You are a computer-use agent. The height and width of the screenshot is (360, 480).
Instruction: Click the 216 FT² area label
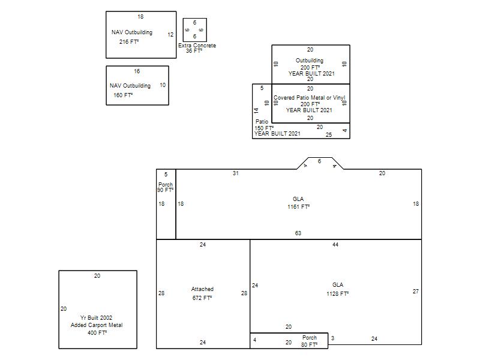pyautogui.click(x=129, y=41)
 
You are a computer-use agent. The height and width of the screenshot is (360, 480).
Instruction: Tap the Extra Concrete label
pyautogui.click(x=197, y=46)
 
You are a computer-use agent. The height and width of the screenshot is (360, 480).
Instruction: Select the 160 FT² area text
pyautogui.click(x=123, y=95)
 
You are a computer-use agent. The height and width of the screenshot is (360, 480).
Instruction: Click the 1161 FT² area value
pyautogui.click(x=298, y=206)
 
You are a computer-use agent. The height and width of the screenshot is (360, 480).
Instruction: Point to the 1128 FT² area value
pyautogui.click(x=337, y=293)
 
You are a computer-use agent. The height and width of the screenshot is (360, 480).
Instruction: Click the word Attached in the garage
pyautogui.click(x=202, y=289)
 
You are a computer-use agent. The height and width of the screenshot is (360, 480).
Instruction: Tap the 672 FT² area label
pyautogui.click(x=202, y=298)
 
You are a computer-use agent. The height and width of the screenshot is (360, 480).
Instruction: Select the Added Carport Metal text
pyautogui.click(x=97, y=325)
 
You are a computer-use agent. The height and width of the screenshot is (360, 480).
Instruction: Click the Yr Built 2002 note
pyautogui.click(x=96, y=318)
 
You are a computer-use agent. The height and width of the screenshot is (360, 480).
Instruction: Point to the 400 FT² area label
pyautogui.click(x=97, y=333)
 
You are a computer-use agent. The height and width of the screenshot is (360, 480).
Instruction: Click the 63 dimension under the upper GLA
pyautogui.click(x=298, y=233)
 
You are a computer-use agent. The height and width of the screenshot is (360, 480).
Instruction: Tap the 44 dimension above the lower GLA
pyautogui.click(x=335, y=245)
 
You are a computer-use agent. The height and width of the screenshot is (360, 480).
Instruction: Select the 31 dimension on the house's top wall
pyautogui.click(x=235, y=173)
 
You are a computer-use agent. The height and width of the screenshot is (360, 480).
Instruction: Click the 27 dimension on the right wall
pyautogui.click(x=415, y=292)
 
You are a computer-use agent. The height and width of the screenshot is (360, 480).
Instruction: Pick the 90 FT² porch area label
pyautogui.click(x=166, y=190)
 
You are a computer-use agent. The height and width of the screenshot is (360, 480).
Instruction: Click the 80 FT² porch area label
pyautogui.click(x=309, y=344)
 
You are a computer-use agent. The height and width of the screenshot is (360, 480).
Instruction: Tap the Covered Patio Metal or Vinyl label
pyautogui.click(x=309, y=98)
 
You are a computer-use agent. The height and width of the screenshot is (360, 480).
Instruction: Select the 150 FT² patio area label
pyautogui.click(x=264, y=128)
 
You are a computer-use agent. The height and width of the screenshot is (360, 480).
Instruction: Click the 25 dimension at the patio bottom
pyautogui.click(x=329, y=134)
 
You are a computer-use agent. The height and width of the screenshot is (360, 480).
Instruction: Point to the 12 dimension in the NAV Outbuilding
pyautogui.click(x=170, y=35)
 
